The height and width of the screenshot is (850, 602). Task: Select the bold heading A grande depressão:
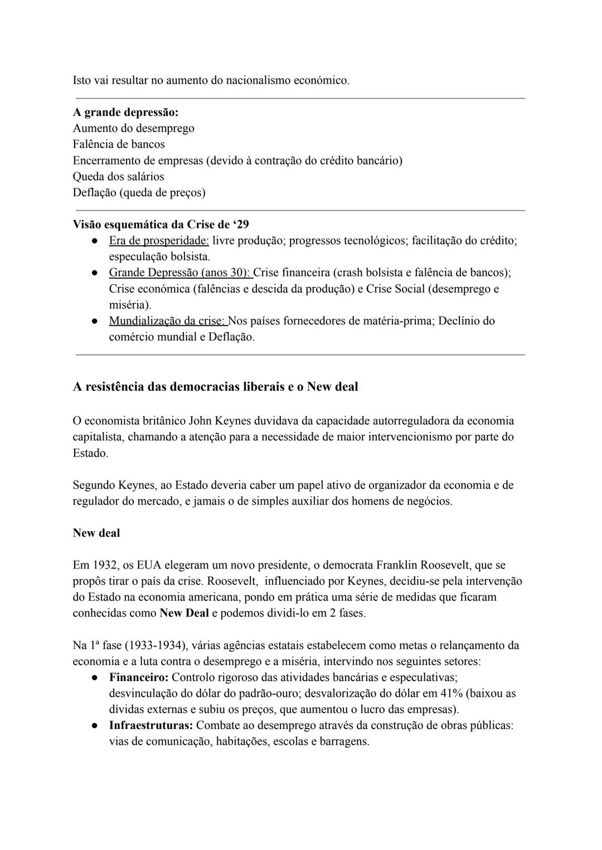[125, 112]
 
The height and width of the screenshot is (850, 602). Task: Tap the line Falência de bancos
[119, 144]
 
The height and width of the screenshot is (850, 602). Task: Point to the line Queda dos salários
[118, 177]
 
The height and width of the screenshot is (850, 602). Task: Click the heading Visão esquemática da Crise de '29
[161, 225]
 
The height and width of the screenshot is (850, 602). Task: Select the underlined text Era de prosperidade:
[159, 241]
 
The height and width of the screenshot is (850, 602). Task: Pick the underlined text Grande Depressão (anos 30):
[180, 273]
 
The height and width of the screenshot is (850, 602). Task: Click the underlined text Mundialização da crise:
[168, 321]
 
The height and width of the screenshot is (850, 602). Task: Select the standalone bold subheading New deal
[96, 533]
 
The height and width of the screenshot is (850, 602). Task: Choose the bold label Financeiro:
[138, 678]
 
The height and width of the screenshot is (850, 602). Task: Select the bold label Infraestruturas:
[151, 726]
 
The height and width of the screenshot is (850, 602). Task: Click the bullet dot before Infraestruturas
[95, 726]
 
